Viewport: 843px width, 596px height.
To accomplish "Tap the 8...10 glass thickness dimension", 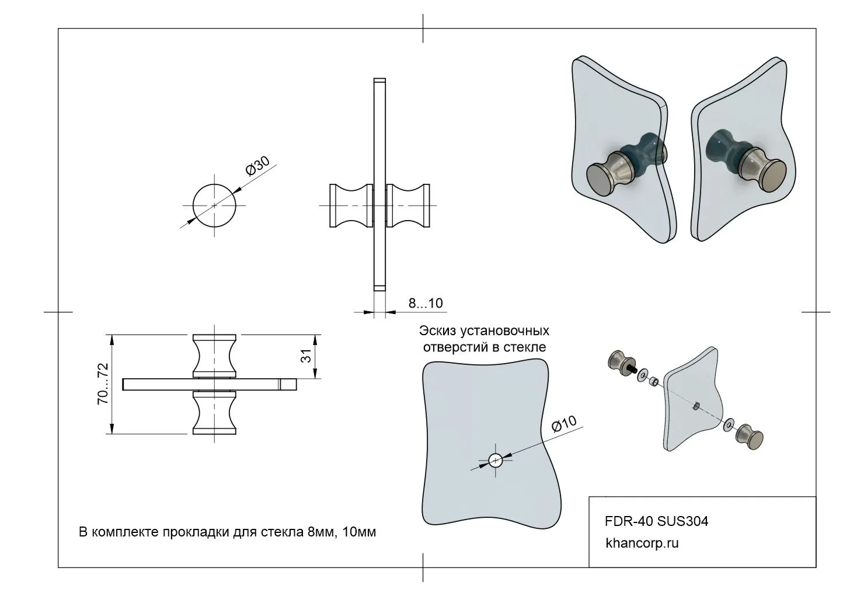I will pyautogui.click(x=425, y=303).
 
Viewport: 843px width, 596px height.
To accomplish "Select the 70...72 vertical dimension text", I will pyautogui.click(x=103, y=384).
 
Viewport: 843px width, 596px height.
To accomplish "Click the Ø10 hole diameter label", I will pyautogui.click(x=564, y=424).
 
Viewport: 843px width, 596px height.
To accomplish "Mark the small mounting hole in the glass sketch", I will pyautogui.click(x=495, y=460).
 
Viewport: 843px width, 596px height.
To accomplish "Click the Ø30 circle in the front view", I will pyautogui.click(x=214, y=205).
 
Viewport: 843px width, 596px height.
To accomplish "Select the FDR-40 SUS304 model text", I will pyautogui.click(x=657, y=521).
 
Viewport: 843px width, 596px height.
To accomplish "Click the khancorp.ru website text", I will pyautogui.click(x=642, y=543).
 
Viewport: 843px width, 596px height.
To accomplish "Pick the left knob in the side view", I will pyautogui.click(x=351, y=205).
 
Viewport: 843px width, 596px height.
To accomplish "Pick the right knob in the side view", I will pyautogui.click(x=409, y=205).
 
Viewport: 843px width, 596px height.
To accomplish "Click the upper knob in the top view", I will pyautogui.click(x=215, y=355).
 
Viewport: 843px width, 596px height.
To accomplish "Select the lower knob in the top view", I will pyautogui.click(x=215, y=413).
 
